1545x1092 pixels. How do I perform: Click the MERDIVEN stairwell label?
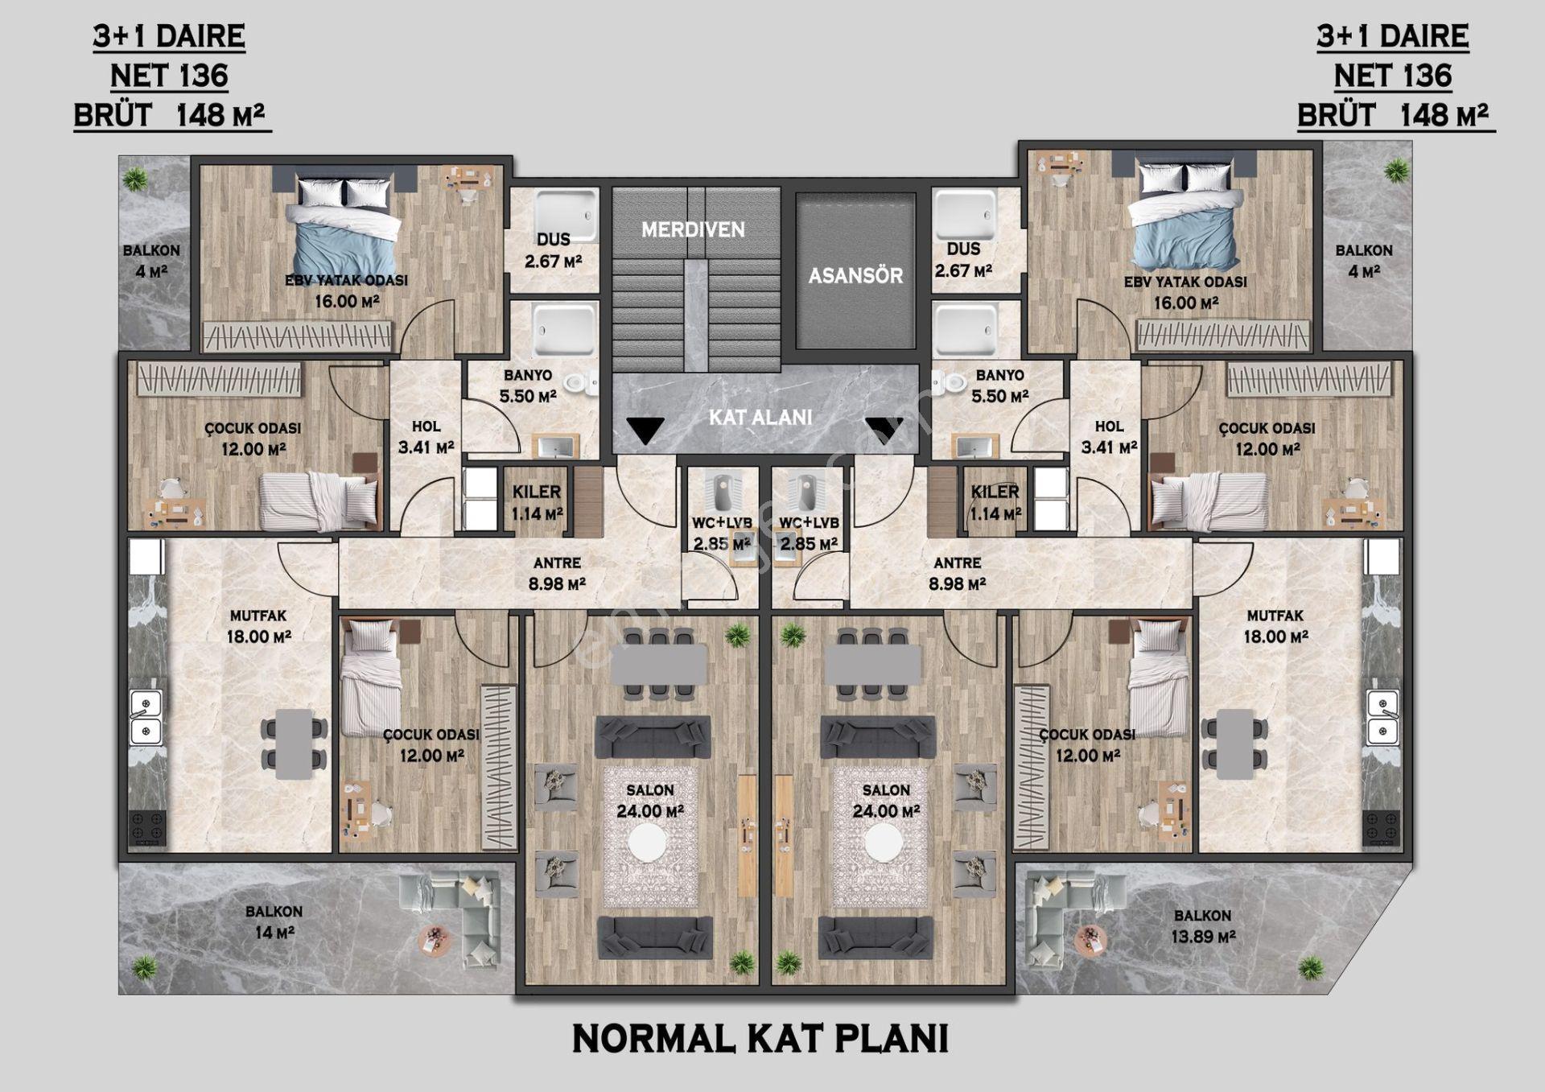coord(693,230)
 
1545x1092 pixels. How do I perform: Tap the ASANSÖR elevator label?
coord(855,276)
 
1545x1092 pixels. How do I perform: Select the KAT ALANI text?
coord(760,418)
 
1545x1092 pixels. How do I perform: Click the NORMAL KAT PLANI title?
coord(760,1039)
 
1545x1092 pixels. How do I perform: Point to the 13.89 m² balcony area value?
coord(1203,937)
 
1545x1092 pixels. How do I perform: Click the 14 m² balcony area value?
coord(274,933)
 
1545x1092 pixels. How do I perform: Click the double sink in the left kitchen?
coord(146,719)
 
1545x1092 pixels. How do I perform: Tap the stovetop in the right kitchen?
coord(1382,828)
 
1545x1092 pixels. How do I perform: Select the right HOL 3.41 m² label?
coord(1109,437)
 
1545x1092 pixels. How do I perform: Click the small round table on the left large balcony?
coord(435,940)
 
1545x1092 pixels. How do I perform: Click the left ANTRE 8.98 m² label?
coord(557,574)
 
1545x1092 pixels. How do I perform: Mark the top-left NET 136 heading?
coord(170,76)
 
